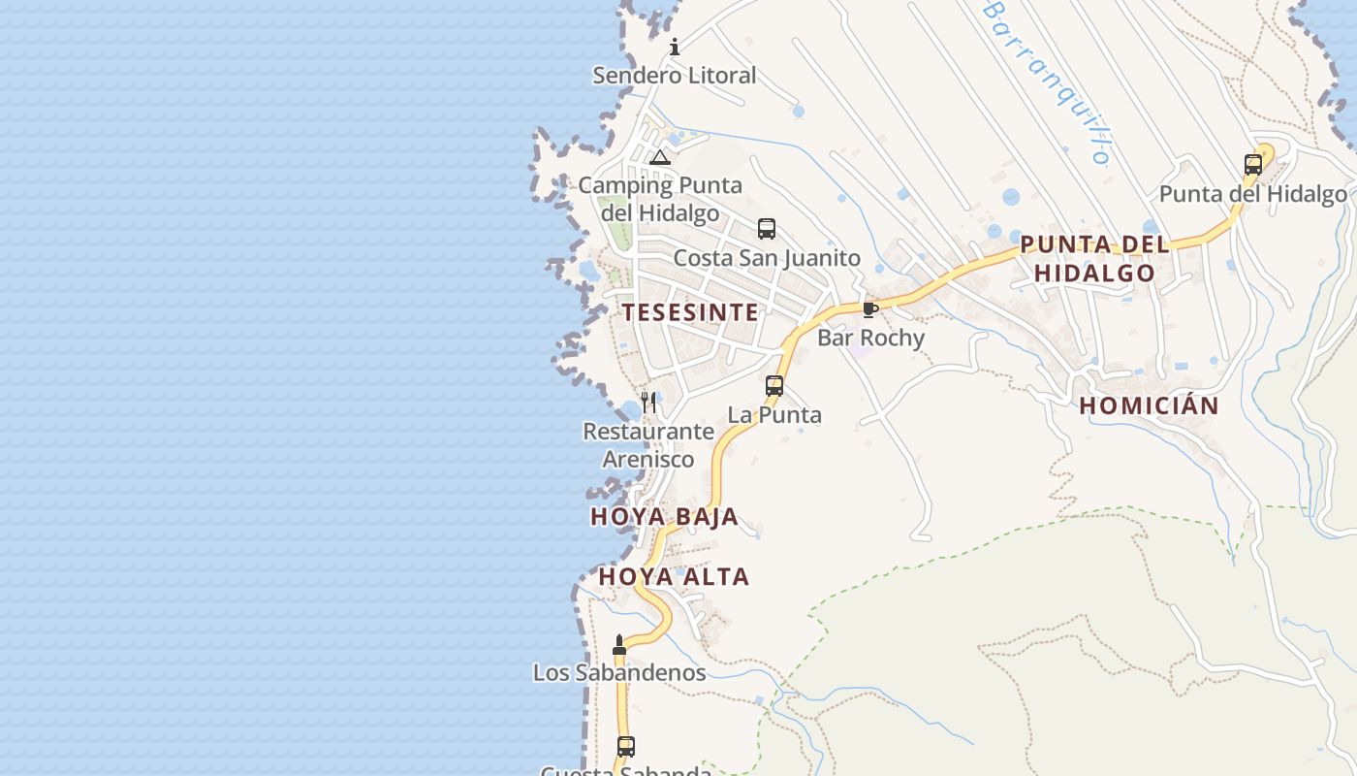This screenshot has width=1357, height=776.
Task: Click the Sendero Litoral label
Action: (674, 76)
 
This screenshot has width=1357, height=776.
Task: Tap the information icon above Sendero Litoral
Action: (675, 47)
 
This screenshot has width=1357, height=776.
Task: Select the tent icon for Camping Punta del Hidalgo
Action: (660, 158)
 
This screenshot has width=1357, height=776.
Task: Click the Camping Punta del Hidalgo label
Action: (660, 199)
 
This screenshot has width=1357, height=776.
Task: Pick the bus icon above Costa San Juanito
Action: (767, 229)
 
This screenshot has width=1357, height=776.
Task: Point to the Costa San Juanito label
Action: (767, 258)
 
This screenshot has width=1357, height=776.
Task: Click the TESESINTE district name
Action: (690, 312)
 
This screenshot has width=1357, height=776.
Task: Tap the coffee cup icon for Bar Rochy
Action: (869, 309)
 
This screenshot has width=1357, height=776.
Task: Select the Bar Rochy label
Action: (870, 338)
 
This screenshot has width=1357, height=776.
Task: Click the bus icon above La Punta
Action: (774, 385)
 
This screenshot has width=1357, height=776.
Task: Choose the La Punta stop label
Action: (774, 415)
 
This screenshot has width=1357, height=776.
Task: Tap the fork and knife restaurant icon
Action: (648, 402)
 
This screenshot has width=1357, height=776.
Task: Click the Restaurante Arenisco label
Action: (648, 445)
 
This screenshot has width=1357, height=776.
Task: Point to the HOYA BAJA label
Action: (664, 517)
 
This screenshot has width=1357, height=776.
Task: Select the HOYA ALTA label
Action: (674, 577)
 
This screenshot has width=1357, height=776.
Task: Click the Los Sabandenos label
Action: (619, 672)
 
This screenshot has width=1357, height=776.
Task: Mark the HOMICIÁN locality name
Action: (1149, 406)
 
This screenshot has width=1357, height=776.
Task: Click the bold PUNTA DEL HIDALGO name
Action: (1094, 259)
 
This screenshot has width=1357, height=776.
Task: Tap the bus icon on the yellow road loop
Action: (1253, 164)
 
